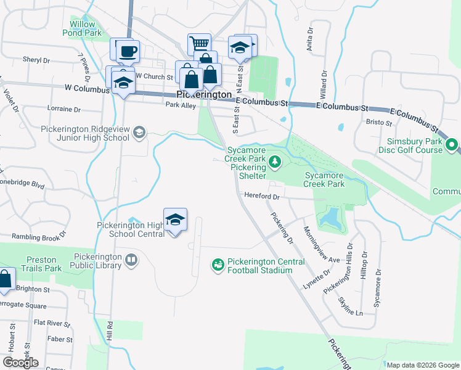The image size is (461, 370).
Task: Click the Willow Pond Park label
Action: click(83, 28)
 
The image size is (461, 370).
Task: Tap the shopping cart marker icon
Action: click(199, 44)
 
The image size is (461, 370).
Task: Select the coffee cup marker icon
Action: click(128, 52)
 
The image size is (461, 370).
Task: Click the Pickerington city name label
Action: click(203, 95)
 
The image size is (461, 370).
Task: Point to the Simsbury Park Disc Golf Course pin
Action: click(452, 146)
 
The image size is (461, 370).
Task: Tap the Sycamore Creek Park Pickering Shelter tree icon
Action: click(275, 163)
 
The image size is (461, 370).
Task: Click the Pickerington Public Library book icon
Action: click(131, 260)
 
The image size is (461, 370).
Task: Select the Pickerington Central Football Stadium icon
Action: click(218, 265)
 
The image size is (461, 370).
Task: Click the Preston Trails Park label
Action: click(41, 264)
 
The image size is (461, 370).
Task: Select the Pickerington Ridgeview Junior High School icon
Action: click(140, 132)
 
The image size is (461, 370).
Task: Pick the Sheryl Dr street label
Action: click(36, 60)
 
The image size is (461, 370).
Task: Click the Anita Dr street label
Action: click(309, 42)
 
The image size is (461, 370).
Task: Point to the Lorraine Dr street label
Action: click(64, 109)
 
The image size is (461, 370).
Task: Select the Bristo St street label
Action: click(380, 123)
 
